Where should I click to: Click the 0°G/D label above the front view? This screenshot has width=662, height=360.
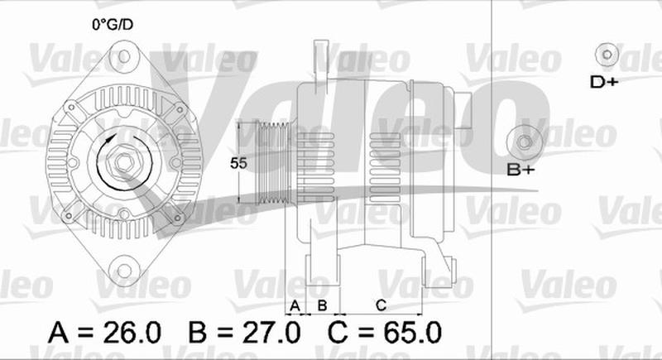point(113,25)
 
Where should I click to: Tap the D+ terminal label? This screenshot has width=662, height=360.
point(604,82)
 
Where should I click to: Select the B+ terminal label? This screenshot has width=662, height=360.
point(520,170)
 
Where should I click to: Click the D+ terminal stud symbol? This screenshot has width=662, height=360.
point(607,55)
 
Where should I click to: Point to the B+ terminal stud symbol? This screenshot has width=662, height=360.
point(525,142)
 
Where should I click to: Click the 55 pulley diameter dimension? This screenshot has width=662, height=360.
point(238,163)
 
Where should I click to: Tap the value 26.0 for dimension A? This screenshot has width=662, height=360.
point(132,332)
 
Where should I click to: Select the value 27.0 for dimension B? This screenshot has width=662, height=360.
point(271,332)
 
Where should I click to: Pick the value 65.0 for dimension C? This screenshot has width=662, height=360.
point(412,332)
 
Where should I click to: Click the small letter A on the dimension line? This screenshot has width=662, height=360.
point(295,305)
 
